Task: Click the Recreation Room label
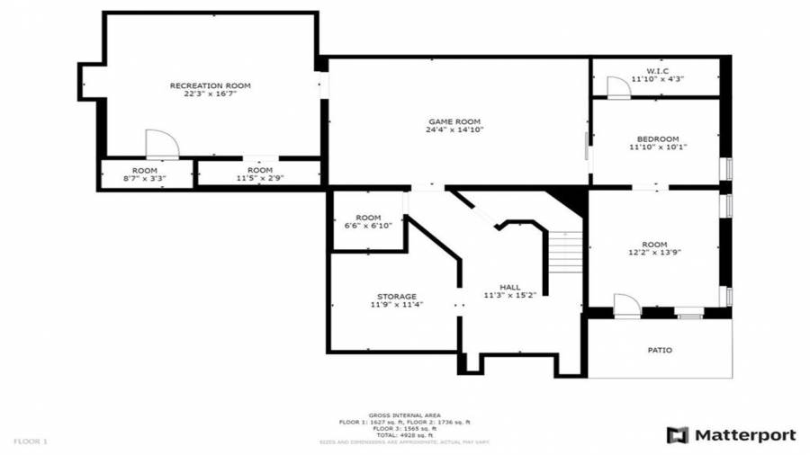coord(210,85)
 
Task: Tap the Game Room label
coord(454,121)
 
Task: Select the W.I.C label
coord(657,70)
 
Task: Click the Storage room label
coord(396,296)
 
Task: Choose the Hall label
coord(509,287)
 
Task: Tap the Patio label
coord(660,350)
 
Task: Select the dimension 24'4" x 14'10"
coord(454,130)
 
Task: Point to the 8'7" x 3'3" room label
coord(145,174)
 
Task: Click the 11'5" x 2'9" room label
coord(259,174)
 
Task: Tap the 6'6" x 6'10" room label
coord(368,221)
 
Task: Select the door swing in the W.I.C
coord(617,87)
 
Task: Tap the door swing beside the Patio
coord(625,305)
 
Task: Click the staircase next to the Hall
coord(567,253)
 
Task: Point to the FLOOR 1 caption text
coord(31,442)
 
